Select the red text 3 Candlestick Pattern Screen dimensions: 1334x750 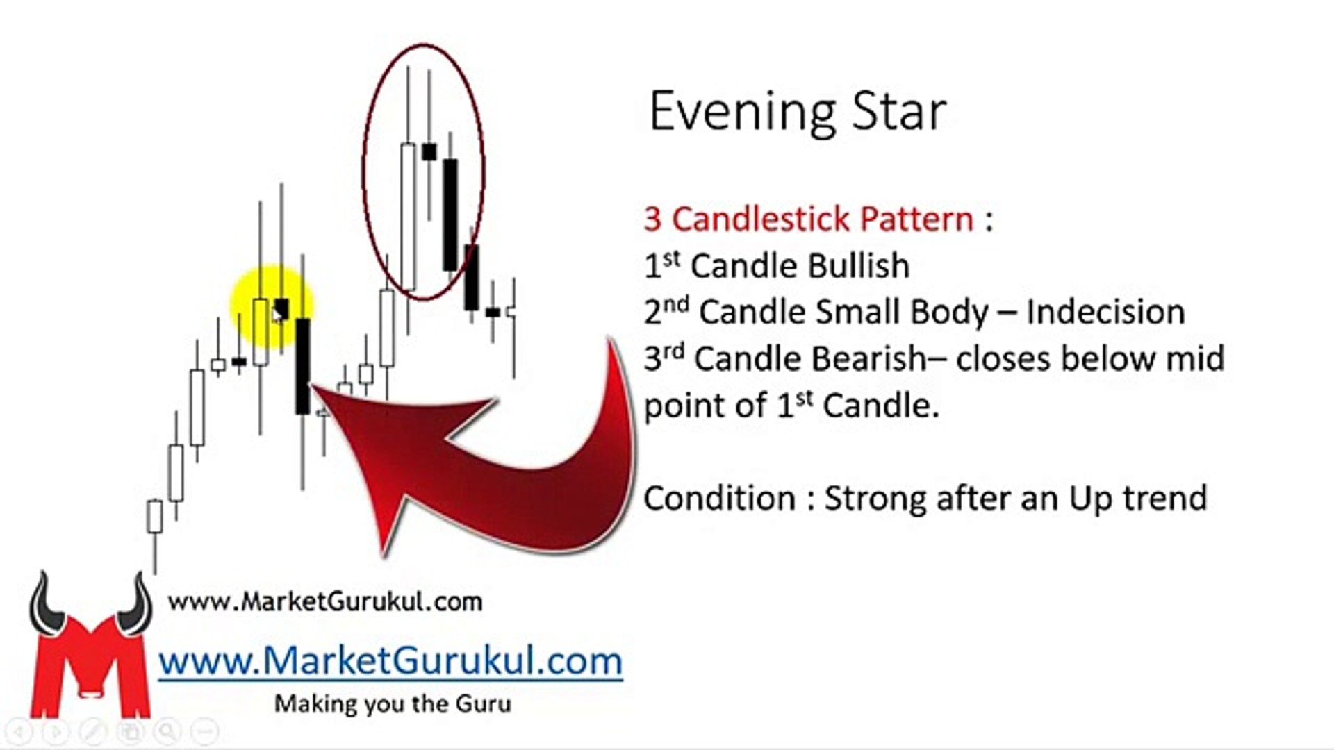point(809,219)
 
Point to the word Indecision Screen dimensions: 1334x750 point(1105,312)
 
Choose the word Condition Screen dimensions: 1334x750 point(719,499)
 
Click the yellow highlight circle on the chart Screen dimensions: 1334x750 point(272,307)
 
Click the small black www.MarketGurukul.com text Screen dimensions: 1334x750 point(325,601)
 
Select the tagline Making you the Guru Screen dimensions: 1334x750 point(393,703)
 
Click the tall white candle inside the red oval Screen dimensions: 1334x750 point(409,217)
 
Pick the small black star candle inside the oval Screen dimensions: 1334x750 point(429,151)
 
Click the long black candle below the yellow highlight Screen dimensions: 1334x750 point(303,367)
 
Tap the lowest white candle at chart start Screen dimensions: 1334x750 point(154,517)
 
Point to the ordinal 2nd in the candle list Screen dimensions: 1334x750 point(666,310)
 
